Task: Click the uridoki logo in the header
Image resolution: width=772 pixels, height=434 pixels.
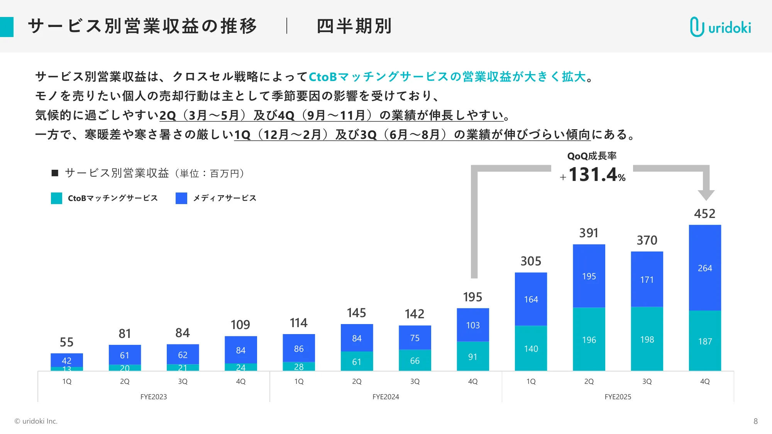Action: click(720, 27)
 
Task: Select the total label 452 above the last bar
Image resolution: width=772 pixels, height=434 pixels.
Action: click(704, 214)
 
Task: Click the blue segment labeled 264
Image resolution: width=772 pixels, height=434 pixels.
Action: click(705, 268)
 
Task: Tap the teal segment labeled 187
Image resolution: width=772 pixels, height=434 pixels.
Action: click(705, 341)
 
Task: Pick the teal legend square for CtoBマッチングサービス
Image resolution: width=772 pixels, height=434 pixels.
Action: click(56, 198)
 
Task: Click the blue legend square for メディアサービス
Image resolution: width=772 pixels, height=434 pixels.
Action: click(181, 198)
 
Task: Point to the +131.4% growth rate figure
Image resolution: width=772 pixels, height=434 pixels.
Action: click(593, 175)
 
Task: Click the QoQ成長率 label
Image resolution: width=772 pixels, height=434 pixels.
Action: click(592, 156)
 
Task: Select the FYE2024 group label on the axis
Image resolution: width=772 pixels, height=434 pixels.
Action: click(386, 397)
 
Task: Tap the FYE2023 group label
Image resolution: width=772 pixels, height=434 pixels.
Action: click(154, 397)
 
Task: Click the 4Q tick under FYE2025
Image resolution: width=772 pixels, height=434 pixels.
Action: click(705, 381)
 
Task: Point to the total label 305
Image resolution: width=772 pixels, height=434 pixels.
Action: click(531, 261)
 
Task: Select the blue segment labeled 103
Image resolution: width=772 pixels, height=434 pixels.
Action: click(473, 325)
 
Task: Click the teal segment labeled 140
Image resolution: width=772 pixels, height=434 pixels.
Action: click(531, 349)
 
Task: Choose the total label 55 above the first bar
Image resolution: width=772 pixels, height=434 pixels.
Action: click(66, 342)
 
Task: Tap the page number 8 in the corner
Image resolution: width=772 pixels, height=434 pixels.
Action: click(755, 421)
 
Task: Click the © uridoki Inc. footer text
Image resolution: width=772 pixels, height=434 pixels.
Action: click(36, 421)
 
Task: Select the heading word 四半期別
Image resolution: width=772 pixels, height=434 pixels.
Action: click(354, 26)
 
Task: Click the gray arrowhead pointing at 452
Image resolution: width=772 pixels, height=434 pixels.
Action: click(706, 195)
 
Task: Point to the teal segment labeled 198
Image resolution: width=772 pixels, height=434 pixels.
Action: click(647, 339)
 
